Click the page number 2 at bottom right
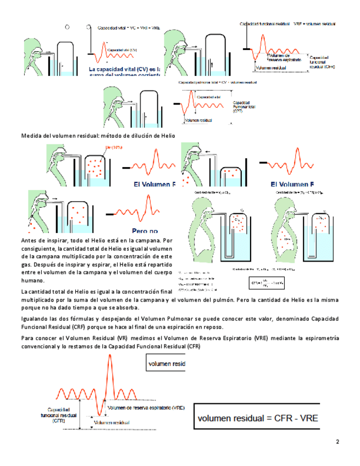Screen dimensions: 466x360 click(337, 442)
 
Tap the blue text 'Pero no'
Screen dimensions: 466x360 click(145, 231)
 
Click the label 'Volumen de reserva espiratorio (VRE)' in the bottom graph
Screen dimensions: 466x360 click(146, 408)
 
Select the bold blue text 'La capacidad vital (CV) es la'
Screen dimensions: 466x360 click(125, 70)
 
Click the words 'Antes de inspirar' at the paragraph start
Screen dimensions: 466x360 click(43, 241)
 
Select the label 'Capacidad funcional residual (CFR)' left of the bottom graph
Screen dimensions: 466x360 click(61, 415)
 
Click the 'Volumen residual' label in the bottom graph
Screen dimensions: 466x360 click(113, 422)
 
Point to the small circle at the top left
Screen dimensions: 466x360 click(67, 26)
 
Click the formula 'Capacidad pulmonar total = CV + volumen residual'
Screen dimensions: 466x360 click(218, 82)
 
